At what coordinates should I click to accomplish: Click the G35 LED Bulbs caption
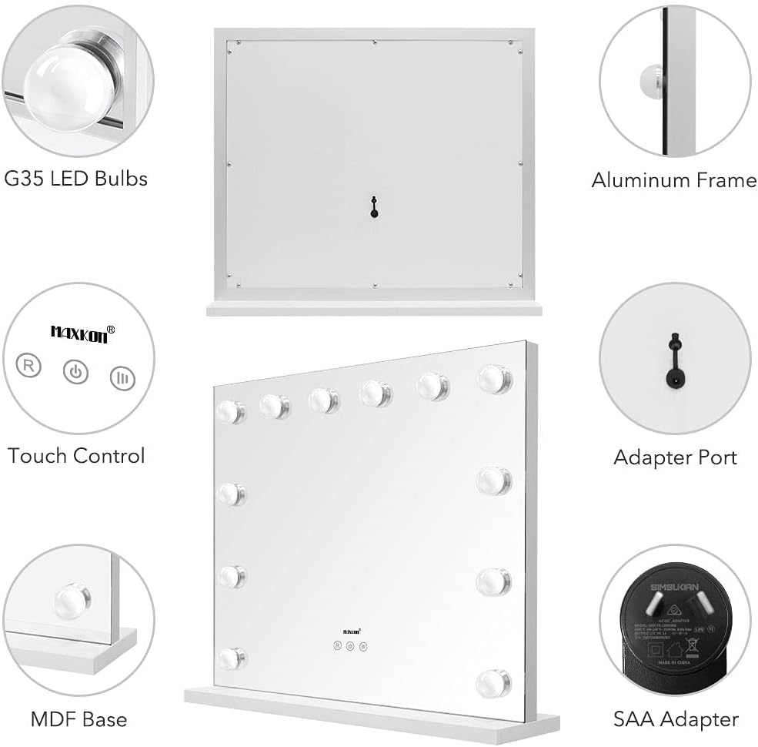[x=76, y=179]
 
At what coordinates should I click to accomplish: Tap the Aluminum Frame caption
[x=674, y=180]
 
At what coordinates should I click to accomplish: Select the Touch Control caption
[x=76, y=455]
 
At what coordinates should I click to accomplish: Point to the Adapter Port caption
[x=675, y=457]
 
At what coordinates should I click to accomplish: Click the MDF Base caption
[x=78, y=720]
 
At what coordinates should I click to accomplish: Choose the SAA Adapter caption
[x=676, y=720]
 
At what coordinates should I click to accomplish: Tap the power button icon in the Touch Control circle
[x=75, y=373]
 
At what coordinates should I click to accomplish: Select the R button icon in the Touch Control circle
[x=29, y=365]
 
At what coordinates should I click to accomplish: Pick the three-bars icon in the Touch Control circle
[x=122, y=377]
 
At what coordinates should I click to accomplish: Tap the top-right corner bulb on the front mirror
[x=493, y=379]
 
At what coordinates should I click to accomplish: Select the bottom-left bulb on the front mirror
[x=230, y=658]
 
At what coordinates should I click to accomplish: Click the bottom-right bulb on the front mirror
[x=493, y=682]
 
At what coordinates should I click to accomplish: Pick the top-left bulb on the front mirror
[x=229, y=412]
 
